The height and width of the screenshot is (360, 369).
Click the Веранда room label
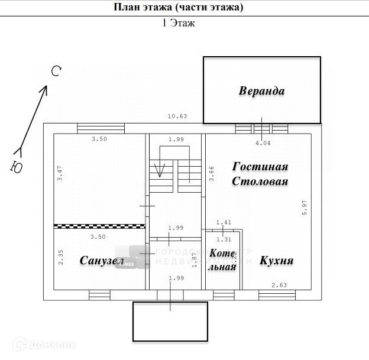[x=262, y=91]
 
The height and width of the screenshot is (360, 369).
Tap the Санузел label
[x=102, y=261]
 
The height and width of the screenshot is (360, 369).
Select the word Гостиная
[x=260, y=167]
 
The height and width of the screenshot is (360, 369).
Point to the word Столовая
[x=260, y=181]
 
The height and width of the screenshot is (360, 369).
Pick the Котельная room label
[x=223, y=260]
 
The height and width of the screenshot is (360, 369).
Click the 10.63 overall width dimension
[x=177, y=116]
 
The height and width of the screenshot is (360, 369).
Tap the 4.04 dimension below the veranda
[x=263, y=142]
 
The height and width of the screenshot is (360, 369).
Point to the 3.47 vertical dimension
[x=59, y=177]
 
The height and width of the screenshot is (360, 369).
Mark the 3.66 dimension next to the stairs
[x=212, y=173]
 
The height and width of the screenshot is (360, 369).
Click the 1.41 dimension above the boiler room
[x=223, y=223]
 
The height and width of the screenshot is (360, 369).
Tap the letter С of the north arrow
[x=56, y=72]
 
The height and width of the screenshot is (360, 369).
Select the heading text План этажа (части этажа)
[x=178, y=8]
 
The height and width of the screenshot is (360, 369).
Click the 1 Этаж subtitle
[x=178, y=23]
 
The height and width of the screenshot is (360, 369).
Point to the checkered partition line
[x=99, y=226]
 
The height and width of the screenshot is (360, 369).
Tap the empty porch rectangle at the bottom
[x=170, y=322]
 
